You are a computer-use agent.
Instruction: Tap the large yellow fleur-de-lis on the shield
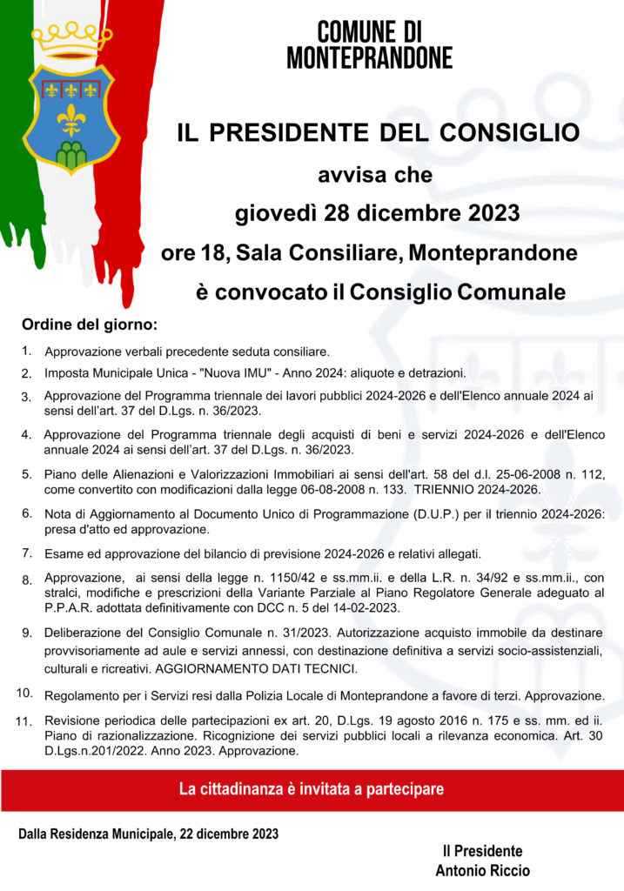pos(70,117)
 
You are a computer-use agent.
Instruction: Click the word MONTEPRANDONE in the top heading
pos(370,57)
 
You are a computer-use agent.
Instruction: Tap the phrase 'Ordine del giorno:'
pos(90,325)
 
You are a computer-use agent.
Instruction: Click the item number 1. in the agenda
pos(28,352)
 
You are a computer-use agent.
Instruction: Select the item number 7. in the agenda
pos(28,553)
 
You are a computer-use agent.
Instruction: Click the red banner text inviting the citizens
pos(311,789)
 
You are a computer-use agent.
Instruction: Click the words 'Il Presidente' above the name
pos(481,850)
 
